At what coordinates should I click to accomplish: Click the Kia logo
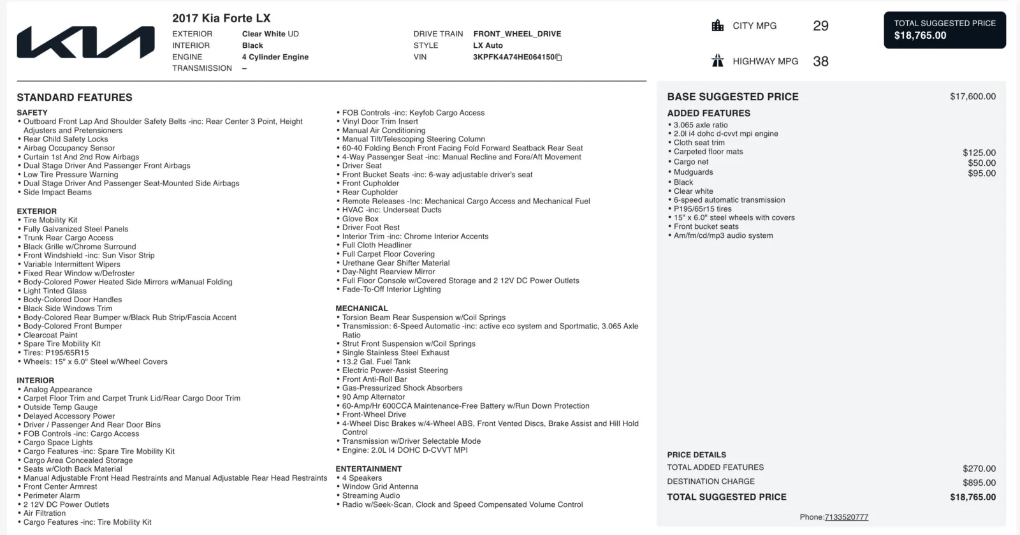(x=85, y=43)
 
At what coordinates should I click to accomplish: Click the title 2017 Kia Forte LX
(x=221, y=18)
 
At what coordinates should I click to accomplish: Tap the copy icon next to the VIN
(x=559, y=57)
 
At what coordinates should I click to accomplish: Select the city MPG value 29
(x=820, y=26)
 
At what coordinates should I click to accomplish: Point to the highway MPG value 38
(x=820, y=62)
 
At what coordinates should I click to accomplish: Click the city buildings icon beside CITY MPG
(x=718, y=26)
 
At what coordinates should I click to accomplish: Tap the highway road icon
(x=718, y=61)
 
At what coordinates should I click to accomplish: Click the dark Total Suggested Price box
(x=944, y=30)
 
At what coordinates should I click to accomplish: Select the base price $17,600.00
(x=972, y=97)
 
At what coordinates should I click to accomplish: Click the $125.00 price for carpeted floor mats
(x=979, y=153)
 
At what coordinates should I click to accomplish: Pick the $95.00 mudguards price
(x=981, y=173)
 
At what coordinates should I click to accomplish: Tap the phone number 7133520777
(x=846, y=517)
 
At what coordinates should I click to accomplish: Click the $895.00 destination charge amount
(x=979, y=483)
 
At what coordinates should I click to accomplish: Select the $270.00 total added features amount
(x=979, y=469)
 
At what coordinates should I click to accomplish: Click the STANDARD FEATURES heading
(x=75, y=98)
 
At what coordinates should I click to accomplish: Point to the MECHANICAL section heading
(x=361, y=309)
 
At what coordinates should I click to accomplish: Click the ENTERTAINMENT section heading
(x=368, y=469)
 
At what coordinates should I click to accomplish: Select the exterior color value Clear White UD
(x=270, y=34)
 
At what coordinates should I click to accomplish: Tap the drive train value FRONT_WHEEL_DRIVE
(x=517, y=34)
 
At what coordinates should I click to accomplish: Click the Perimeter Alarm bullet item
(x=52, y=495)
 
